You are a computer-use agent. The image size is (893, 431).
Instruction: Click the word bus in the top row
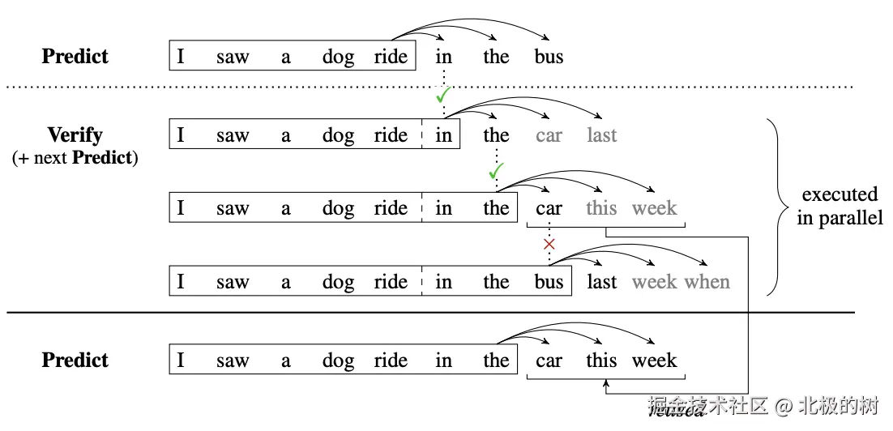[x=549, y=57]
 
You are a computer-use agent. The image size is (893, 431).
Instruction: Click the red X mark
[x=549, y=244]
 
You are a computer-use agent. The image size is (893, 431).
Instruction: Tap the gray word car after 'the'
[x=549, y=135]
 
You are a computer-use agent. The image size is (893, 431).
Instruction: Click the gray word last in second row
[x=602, y=135]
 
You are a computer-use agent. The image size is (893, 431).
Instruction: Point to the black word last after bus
[x=602, y=282]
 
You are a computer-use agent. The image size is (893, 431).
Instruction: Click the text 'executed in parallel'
[x=840, y=207]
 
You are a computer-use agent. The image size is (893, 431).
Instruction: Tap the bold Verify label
[x=75, y=134]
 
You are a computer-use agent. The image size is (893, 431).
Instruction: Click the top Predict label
[x=75, y=57]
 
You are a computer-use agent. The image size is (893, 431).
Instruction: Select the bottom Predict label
[x=75, y=360]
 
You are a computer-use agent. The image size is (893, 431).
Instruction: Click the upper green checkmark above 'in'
[x=442, y=97]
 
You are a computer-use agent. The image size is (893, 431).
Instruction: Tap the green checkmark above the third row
[x=496, y=172]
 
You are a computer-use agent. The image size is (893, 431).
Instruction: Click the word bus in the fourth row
[x=549, y=282]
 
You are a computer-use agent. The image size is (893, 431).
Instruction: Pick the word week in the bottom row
[x=655, y=361]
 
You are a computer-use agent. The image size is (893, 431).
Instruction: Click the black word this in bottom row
[x=602, y=361]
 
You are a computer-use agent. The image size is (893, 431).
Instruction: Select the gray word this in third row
[x=602, y=208]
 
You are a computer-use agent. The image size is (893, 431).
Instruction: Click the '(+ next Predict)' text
[x=75, y=158]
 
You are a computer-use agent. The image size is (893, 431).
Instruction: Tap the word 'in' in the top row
[x=443, y=57]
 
